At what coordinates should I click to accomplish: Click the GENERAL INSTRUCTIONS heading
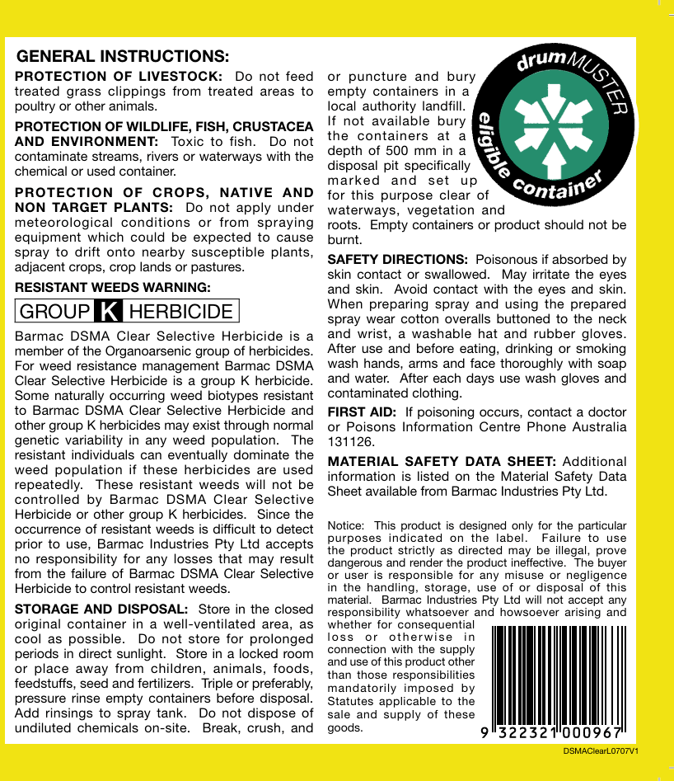tap(123, 57)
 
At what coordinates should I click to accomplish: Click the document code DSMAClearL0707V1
tap(601, 752)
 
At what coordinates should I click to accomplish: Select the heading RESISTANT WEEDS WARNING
tap(113, 287)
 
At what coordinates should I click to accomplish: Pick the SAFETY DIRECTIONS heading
tap(398, 259)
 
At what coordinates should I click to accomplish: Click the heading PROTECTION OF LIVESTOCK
tap(118, 77)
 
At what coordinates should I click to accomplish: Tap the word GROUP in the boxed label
tap(54, 311)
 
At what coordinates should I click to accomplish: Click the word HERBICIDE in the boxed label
tap(181, 311)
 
